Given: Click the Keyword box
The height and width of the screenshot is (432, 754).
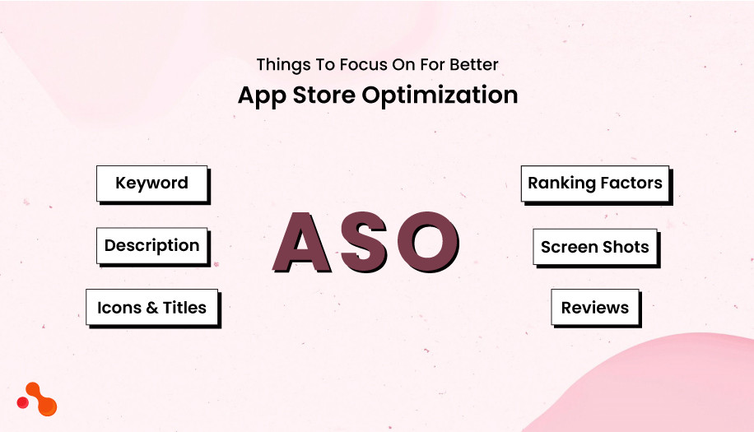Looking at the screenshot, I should tap(151, 183).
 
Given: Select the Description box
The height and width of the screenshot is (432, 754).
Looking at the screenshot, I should tap(151, 246).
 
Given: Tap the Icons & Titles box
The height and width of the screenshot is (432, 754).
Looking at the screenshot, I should tap(151, 308).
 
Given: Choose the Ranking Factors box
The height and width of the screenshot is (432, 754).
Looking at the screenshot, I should tap(595, 183).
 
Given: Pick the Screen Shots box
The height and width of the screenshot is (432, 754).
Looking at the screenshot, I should tap(594, 247).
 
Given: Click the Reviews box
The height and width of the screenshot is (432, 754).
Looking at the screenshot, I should tap(594, 308).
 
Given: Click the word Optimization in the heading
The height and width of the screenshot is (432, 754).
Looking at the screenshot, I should tap(440, 95).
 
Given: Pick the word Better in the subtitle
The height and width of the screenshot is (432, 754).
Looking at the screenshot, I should tap(472, 64).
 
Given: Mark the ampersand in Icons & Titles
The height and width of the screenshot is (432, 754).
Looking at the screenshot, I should tap(151, 308).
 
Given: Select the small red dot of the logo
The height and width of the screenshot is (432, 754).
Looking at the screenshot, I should tap(23, 402).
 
